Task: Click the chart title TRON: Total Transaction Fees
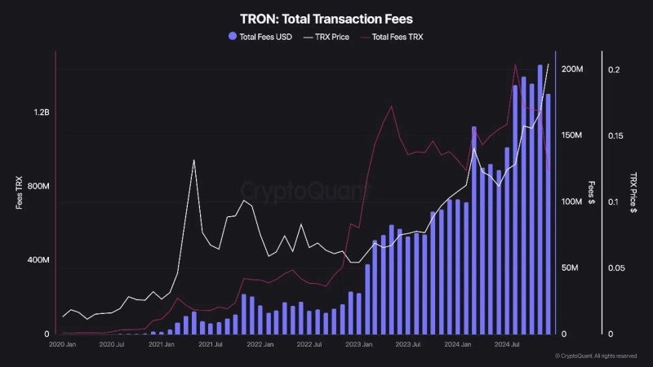tap(326, 17)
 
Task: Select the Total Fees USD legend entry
tap(260, 37)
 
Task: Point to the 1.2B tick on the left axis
tap(42, 113)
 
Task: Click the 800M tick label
tap(39, 187)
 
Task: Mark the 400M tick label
tap(39, 260)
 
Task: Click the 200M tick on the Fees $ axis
tap(572, 70)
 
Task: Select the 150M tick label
tap(572, 135)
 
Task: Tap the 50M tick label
tap(572, 268)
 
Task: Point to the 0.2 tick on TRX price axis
tap(614, 70)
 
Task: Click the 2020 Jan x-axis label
tap(63, 345)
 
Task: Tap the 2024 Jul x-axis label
tap(508, 345)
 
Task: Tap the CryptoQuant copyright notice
tap(596, 356)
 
